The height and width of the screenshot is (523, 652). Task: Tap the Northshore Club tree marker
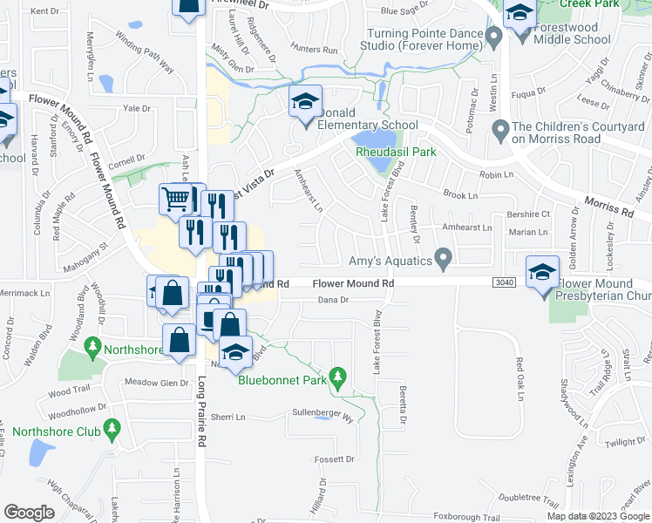coord(111,428)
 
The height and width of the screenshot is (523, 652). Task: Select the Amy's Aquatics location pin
coord(444,259)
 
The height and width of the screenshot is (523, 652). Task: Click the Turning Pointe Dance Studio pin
coord(493,37)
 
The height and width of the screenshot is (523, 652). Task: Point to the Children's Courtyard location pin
coord(500,132)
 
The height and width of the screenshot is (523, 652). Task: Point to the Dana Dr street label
coord(333,300)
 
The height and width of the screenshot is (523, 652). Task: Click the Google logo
coord(31,512)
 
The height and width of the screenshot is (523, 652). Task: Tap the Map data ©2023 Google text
coord(597,516)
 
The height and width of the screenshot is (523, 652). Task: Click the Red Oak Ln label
coord(520,379)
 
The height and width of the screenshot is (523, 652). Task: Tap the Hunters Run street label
coord(315,51)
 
